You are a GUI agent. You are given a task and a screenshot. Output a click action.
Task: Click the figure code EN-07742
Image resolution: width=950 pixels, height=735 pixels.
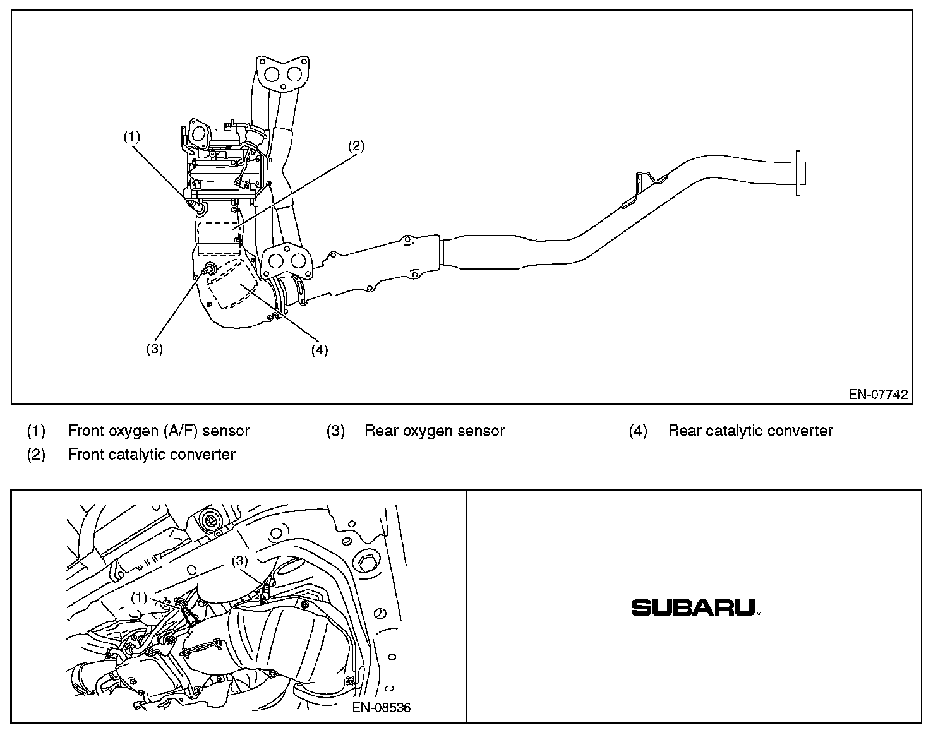pyautogui.click(x=877, y=395)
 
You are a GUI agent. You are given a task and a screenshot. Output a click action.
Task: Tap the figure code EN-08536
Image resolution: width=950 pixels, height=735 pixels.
pyautogui.click(x=382, y=707)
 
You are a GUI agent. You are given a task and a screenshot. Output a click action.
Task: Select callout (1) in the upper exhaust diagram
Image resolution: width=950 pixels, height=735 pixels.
pyautogui.click(x=131, y=137)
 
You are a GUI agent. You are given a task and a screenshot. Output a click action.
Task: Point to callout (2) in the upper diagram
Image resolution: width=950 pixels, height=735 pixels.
pyautogui.click(x=356, y=146)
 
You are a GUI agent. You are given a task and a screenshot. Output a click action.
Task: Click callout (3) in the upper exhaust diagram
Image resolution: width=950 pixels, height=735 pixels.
pyautogui.click(x=154, y=349)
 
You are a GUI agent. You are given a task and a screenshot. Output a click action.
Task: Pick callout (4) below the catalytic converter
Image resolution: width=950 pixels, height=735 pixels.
pyautogui.click(x=319, y=350)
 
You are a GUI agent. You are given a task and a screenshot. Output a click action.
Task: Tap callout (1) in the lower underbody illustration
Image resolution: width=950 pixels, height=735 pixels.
pyautogui.click(x=139, y=597)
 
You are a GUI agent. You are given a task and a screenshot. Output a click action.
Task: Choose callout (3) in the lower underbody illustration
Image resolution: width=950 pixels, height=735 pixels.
pyautogui.click(x=240, y=560)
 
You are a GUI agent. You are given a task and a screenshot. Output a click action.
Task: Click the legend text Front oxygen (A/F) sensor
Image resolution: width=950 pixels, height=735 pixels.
pyautogui.click(x=159, y=431)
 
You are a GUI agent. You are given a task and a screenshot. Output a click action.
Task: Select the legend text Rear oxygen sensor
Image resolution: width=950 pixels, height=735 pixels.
pyautogui.click(x=435, y=431)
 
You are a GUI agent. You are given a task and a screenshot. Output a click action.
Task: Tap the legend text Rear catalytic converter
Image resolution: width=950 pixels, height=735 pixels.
pyautogui.click(x=750, y=431)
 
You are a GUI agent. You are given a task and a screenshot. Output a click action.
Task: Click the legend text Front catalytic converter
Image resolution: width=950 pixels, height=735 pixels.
pyautogui.click(x=152, y=454)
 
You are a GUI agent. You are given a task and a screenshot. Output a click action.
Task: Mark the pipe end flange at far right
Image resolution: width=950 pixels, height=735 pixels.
pyautogui.click(x=800, y=173)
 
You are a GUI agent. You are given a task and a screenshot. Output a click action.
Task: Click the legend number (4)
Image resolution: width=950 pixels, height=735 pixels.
pyautogui.click(x=638, y=431)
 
